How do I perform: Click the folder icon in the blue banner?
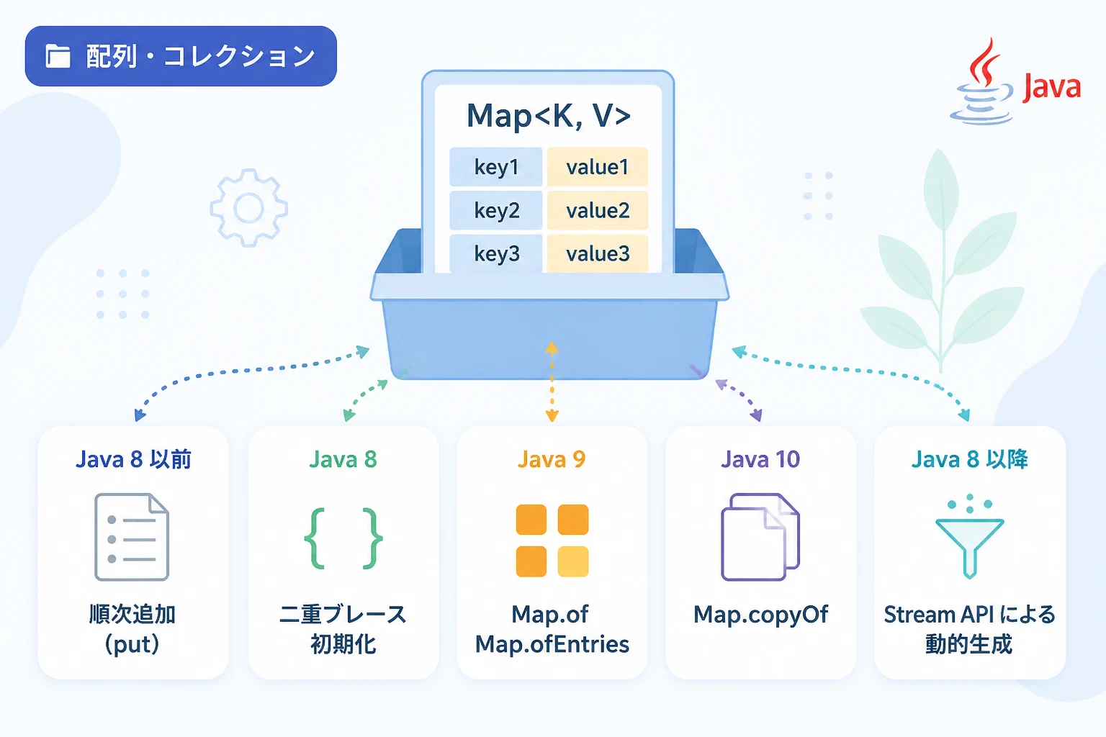tap(58, 56)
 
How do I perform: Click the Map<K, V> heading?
tap(549, 115)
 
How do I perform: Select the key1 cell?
tap(495, 167)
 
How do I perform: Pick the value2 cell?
tap(598, 211)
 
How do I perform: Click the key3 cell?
tap(495, 254)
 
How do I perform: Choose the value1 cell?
tap(598, 167)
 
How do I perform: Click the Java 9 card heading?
tap(552, 460)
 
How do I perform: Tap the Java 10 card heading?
tap(760, 460)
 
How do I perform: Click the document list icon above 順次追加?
tap(132, 537)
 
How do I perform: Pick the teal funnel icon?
tap(969, 536)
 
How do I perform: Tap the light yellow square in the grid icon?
tap(572, 561)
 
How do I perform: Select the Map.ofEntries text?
tap(552, 644)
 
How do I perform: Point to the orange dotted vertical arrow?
tap(552, 381)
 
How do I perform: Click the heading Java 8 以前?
tap(133, 460)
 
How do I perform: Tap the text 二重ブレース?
tap(343, 615)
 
